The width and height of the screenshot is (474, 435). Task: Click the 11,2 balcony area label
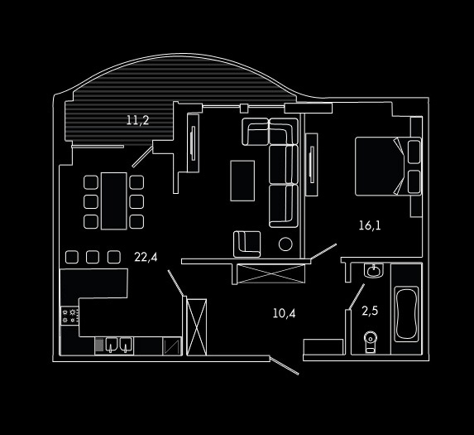pyautogui.click(x=137, y=120)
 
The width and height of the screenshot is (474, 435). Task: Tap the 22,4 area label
pyautogui.click(x=146, y=258)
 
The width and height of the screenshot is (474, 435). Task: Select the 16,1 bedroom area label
pyautogui.click(x=370, y=225)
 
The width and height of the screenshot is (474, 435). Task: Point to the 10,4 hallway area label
pyautogui.click(x=285, y=313)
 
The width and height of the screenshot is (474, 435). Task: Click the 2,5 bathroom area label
pyautogui.click(x=370, y=311)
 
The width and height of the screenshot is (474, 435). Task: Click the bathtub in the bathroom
pyautogui.click(x=407, y=314)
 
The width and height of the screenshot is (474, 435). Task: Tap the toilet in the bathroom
pyautogui.click(x=371, y=342)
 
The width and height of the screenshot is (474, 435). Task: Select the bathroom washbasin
pyautogui.click(x=374, y=270)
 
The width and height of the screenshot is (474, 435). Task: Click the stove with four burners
pyautogui.click(x=69, y=316)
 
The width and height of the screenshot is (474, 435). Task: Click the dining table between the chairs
pyautogui.click(x=114, y=201)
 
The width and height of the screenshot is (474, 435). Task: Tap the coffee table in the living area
pyautogui.click(x=242, y=181)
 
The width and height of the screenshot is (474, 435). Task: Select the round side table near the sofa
pyautogui.click(x=285, y=244)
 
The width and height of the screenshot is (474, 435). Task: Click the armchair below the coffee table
pyautogui.click(x=247, y=244)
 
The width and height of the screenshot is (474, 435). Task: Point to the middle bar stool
pyautogui.click(x=93, y=257)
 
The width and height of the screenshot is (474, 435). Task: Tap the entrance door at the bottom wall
pyautogui.click(x=285, y=366)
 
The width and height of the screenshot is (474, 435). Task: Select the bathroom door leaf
pyautogui.click(x=357, y=297)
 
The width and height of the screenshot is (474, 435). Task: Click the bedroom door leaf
pyautogui.click(x=323, y=252)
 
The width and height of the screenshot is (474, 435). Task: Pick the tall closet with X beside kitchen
pyautogui.click(x=197, y=327)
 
